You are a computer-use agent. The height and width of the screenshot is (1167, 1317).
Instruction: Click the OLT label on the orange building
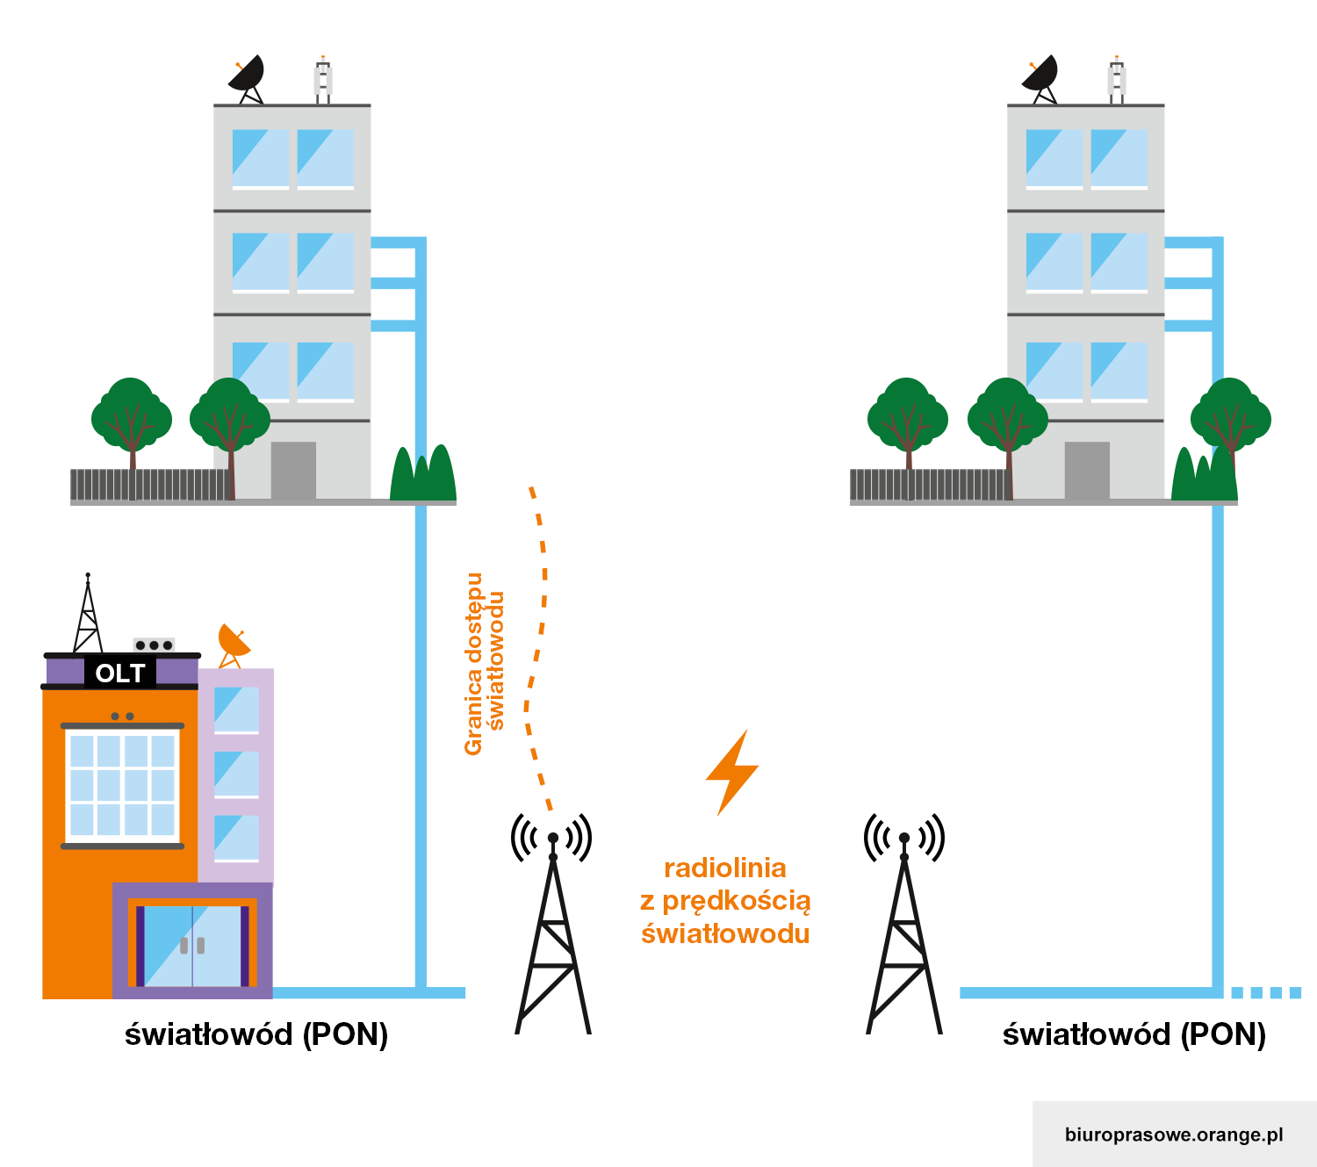120,674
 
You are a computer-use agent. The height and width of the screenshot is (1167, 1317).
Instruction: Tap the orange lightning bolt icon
732,773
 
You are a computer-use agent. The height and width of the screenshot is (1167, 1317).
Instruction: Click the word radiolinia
724,868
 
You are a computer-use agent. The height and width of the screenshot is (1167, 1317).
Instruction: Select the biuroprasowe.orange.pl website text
1173,1135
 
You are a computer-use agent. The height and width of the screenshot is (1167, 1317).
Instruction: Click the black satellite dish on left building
248,77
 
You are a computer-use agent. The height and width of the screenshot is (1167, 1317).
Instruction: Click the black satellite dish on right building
1041,77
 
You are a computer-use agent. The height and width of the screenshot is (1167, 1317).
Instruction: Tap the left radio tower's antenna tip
553,839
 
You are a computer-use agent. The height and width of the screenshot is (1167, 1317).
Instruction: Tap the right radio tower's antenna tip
904,839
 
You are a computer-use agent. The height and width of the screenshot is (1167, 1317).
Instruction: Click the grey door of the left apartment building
293,471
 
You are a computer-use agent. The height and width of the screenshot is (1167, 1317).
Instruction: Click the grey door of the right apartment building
1087,471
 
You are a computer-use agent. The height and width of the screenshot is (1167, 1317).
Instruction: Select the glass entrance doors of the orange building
192,946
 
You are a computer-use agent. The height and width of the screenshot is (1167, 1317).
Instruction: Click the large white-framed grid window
122,785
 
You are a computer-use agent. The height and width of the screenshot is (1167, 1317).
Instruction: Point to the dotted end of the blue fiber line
1266,992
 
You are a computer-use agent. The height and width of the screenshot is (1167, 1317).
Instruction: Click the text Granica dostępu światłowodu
484,665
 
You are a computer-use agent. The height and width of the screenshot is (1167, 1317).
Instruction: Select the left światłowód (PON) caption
256,1034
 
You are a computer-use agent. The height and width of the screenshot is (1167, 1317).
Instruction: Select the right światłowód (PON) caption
1134,1034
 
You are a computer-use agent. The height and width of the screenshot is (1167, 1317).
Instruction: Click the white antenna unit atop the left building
323,80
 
